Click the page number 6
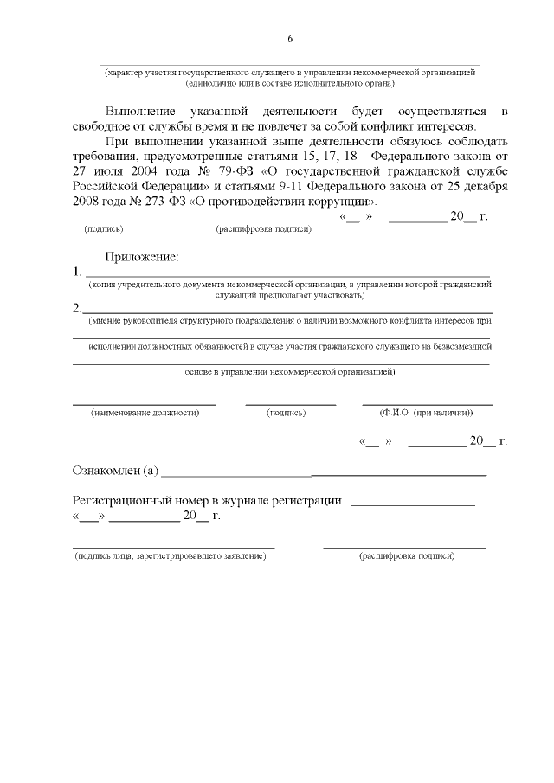click(x=290, y=39)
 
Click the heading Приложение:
click(x=142, y=257)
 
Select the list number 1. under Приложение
click(x=78, y=273)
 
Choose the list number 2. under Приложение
click(x=78, y=307)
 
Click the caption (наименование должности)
click(x=145, y=413)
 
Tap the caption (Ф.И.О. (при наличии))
click(x=427, y=413)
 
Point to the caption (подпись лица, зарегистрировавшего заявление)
click(x=171, y=555)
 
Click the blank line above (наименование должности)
click(x=144, y=403)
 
